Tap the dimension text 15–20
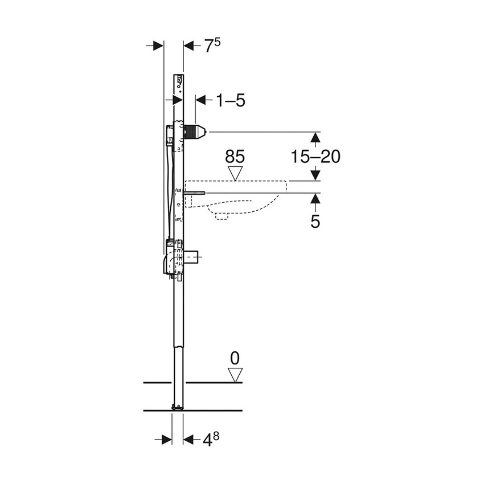tap(315, 156)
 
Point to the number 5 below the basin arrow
tap(315, 222)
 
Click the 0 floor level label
tap(235, 358)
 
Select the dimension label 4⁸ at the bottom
tap(211, 440)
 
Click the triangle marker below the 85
tap(235, 173)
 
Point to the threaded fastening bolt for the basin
tap(194, 193)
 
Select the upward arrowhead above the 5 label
tap(315, 198)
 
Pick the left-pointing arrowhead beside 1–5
tap(200, 100)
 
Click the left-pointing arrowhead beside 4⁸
tap(188, 439)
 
